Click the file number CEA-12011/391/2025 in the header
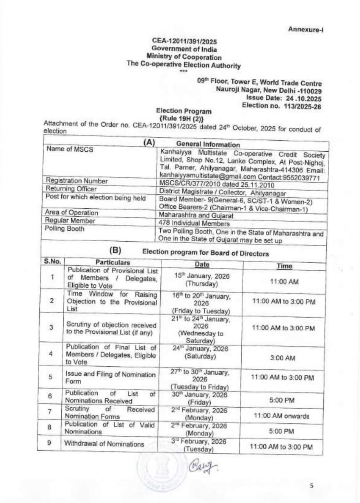[x=185, y=41]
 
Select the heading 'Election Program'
[x=184, y=111]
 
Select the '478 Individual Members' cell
[x=191, y=223]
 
